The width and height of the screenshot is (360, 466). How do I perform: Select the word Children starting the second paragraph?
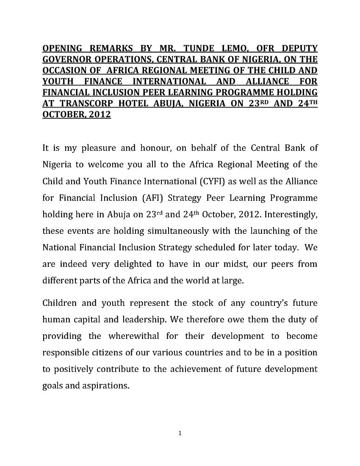[x=60, y=303]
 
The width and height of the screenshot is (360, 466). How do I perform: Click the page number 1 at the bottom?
[x=180, y=433]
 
